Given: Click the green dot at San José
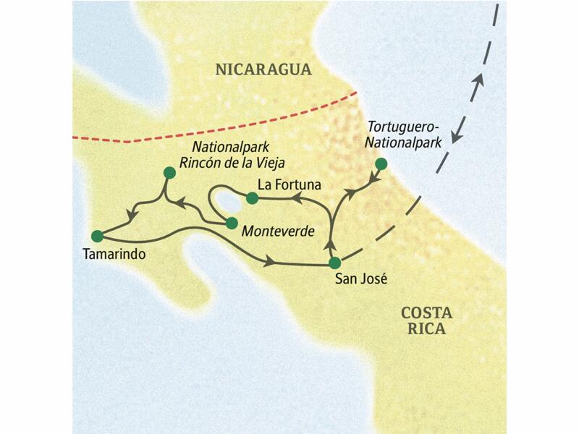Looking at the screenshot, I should click(x=334, y=263).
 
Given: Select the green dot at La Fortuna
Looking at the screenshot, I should click(x=252, y=197).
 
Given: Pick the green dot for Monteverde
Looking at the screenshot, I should click(x=232, y=223).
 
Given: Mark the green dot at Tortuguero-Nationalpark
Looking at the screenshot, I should click(x=381, y=163).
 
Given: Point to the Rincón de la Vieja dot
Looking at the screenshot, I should click(x=169, y=172).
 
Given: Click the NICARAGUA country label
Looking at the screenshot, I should click(x=263, y=70).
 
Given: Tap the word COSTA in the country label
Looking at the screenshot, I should click(x=426, y=313).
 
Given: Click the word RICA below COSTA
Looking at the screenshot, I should click(x=426, y=330).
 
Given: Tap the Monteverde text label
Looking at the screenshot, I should click(x=279, y=231).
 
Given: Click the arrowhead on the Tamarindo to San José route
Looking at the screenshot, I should click(x=271, y=260).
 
